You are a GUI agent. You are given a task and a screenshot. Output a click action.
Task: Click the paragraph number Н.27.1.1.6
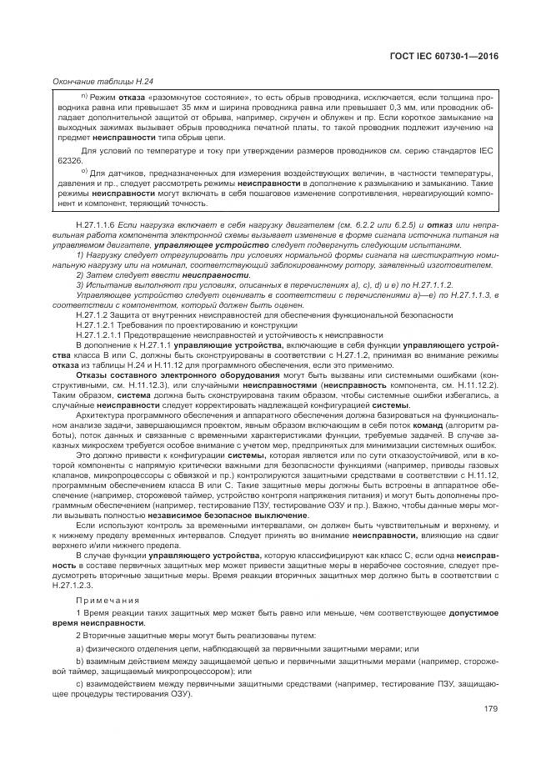point(98,226)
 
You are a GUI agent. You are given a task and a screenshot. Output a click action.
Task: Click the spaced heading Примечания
point(102,600)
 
